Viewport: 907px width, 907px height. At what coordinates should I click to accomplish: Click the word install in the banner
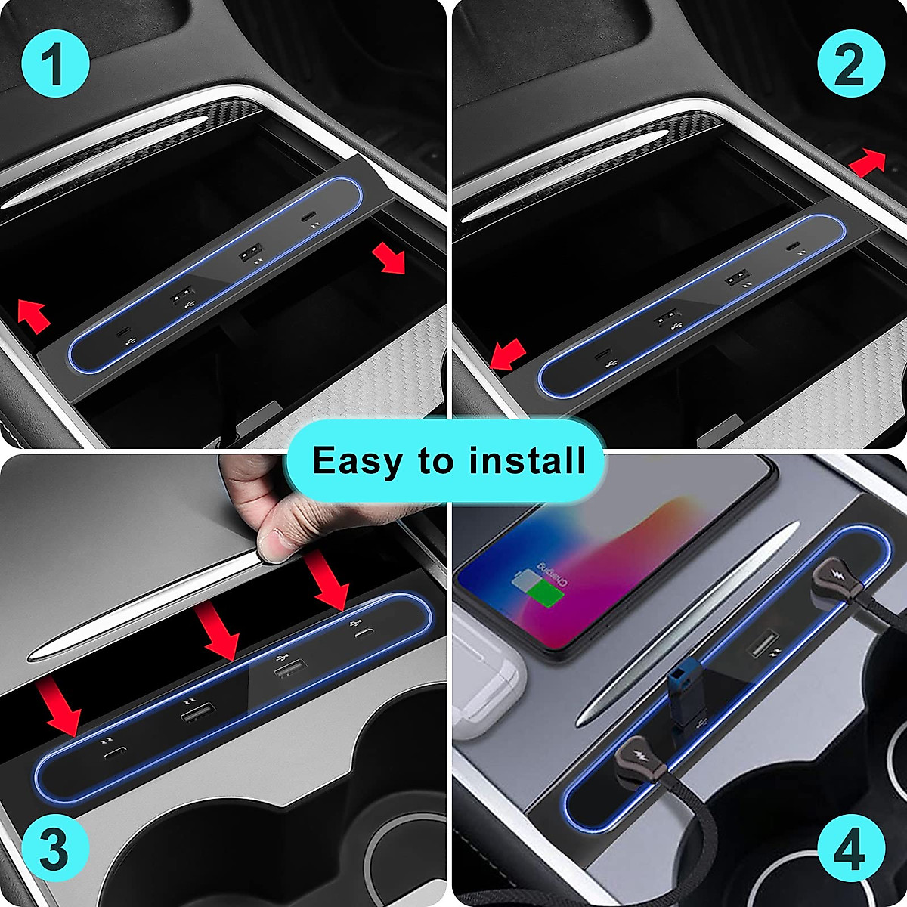[527, 460]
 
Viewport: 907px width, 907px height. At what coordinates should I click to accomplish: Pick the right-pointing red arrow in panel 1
[388, 260]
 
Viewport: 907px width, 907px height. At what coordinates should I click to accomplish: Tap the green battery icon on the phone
[545, 593]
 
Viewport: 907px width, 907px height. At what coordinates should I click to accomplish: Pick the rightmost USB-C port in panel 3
[366, 632]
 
